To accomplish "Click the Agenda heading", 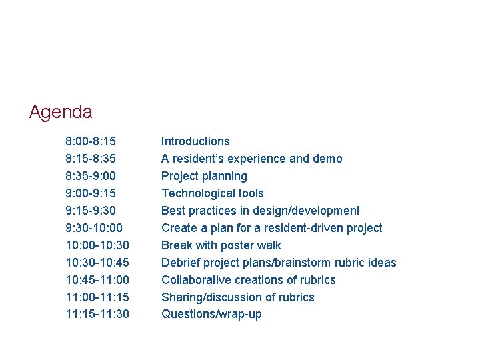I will coord(61,112).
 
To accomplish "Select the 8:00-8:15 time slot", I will coord(91,141).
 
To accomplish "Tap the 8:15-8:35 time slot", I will coord(91,159).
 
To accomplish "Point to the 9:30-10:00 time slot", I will coord(93,228).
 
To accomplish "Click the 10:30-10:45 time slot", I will coord(97,263).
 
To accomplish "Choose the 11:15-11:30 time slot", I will coord(97,315).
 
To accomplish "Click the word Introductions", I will coord(195,141).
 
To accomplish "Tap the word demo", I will coord(327,159).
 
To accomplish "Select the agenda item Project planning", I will coord(204,176).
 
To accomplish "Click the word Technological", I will coord(194,193).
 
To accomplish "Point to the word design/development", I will coord(309,211).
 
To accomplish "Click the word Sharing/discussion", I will coord(212,297).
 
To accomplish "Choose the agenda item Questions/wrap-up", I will coord(211,315).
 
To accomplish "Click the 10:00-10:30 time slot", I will coord(97,245).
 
